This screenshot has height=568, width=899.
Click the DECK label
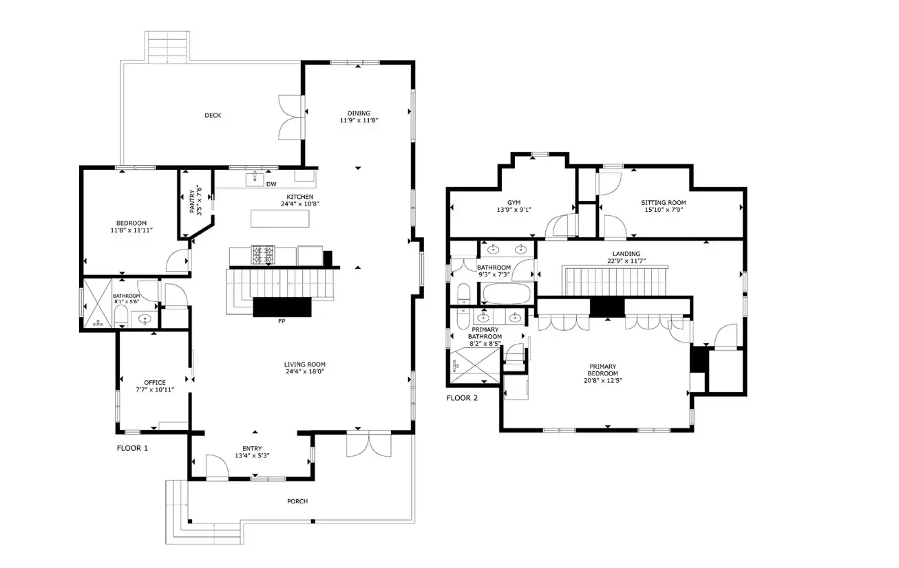[x=213, y=116]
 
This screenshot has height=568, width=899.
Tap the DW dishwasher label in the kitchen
[x=271, y=184]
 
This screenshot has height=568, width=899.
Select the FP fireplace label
[x=282, y=321]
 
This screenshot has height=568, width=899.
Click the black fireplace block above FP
[x=282, y=307]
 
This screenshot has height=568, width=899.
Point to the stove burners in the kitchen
[x=263, y=255]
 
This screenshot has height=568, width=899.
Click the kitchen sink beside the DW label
[x=255, y=179]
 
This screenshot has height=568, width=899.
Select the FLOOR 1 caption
[x=132, y=448]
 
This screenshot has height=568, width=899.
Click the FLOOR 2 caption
[x=462, y=398]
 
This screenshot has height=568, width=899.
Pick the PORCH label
[x=297, y=501]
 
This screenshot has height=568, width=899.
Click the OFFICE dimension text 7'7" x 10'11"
[x=155, y=390]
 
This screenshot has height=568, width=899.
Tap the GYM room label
[x=514, y=203]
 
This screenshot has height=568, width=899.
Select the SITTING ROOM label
[x=664, y=203]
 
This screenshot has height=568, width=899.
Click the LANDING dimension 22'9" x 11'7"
[x=626, y=261]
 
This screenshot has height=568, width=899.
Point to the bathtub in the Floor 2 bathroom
[x=506, y=294]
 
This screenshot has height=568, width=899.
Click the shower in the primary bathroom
[x=475, y=365]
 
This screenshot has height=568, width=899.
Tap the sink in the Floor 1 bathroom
[x=144, y=320]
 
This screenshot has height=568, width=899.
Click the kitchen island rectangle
[x=280, y=219]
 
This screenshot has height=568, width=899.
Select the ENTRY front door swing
[x=217, y=467]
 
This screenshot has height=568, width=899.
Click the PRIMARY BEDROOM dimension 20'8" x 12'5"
[x=603, y=381]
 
